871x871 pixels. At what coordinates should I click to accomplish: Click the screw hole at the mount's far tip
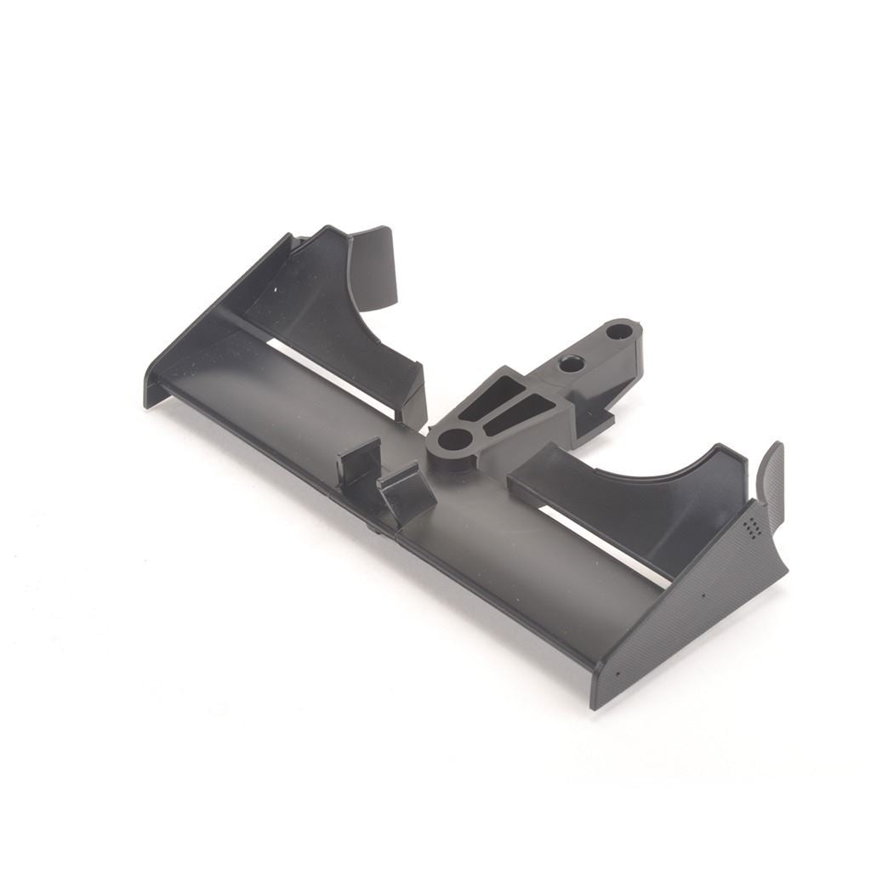(x=620, y=331)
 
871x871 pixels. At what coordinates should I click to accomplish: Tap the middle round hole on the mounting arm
(x=572, y=365)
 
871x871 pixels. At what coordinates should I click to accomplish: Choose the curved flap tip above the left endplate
(x=374, y=265)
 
